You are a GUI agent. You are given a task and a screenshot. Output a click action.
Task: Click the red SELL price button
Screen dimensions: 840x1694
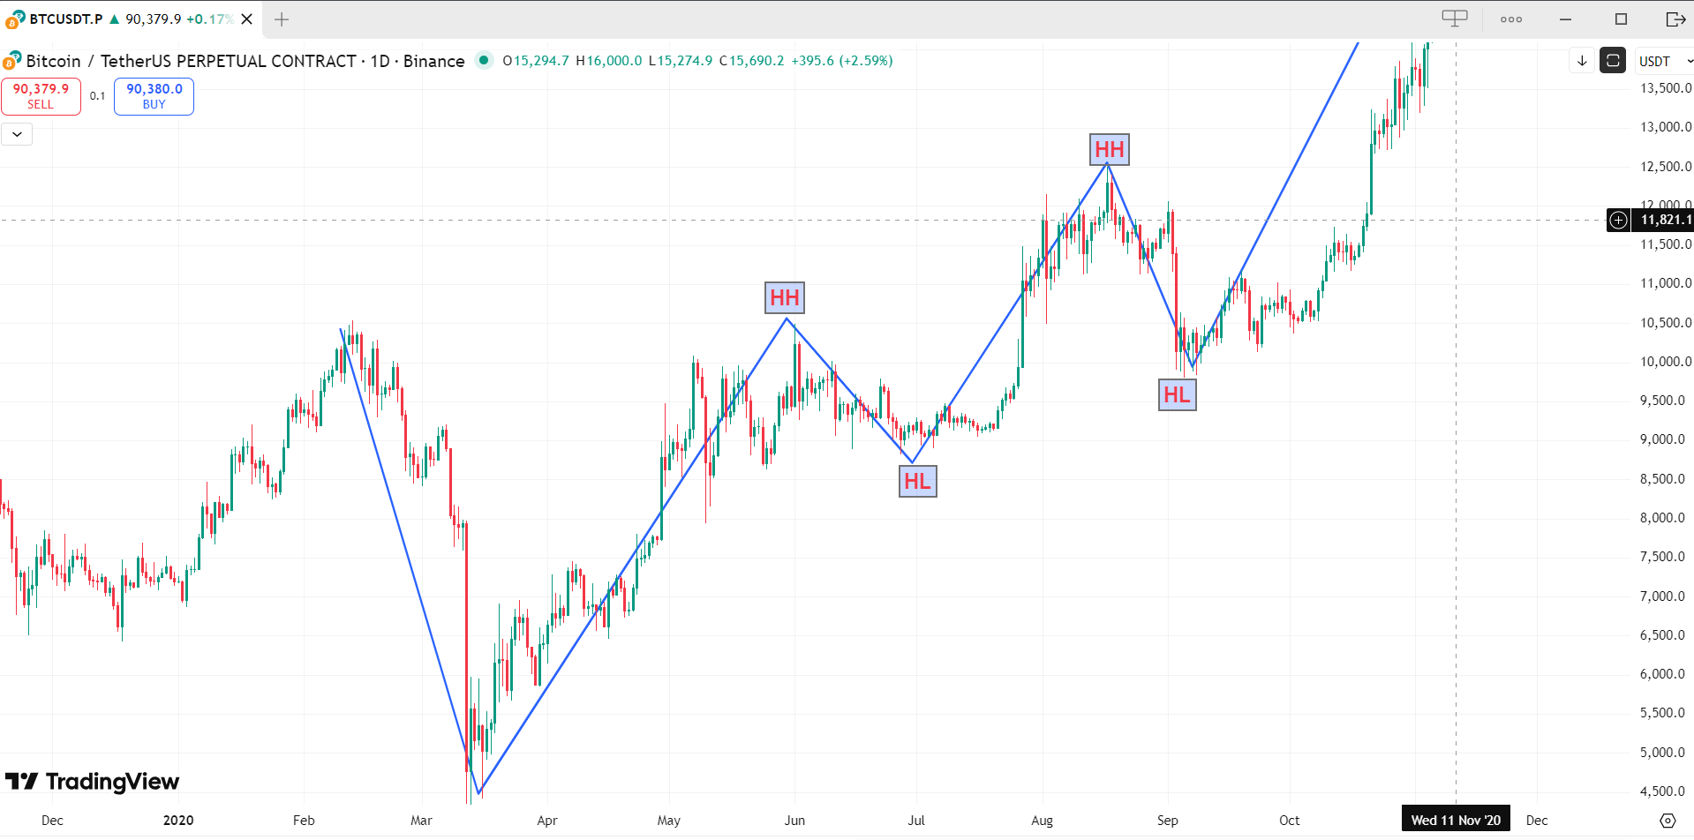click(41, 96)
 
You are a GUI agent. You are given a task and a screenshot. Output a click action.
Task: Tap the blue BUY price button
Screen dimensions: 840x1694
click(154, 96)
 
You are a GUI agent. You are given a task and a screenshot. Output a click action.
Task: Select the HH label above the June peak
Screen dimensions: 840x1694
click(785, 298)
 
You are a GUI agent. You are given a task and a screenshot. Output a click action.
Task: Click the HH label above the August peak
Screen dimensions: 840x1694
click(1110, 150)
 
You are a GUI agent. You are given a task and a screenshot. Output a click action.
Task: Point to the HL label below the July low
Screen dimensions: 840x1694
click(917, 482)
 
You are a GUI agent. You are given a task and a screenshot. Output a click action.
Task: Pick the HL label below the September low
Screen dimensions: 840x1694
click(1177, 395)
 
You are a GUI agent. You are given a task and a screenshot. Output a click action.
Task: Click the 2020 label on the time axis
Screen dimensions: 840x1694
click(178, 821)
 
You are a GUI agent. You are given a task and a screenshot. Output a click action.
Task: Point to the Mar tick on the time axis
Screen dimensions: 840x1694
click(421, 821)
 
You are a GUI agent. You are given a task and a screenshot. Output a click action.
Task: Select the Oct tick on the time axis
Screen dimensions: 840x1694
click(1289, 821)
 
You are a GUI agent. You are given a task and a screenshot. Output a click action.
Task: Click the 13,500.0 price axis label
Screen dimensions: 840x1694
click(1666, 88)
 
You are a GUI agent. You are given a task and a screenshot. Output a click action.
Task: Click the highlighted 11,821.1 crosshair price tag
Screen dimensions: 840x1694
click(1665, 220)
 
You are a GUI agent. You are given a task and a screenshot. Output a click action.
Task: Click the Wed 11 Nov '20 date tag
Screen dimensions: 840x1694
click(1456, 821)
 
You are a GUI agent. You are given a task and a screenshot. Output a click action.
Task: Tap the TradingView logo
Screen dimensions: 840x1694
click(93, 782)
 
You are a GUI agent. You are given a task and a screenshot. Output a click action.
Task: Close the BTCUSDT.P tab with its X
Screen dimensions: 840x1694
click(247, 19)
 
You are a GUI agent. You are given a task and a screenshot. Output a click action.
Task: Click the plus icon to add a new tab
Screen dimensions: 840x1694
click(282, 19)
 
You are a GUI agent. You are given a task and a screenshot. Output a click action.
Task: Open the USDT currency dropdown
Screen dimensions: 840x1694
click(1664, 61)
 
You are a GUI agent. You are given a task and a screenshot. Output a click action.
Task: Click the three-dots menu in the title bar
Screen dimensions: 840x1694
click(1511, 19)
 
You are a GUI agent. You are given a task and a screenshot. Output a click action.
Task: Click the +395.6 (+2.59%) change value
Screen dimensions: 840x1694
click(841, 61)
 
